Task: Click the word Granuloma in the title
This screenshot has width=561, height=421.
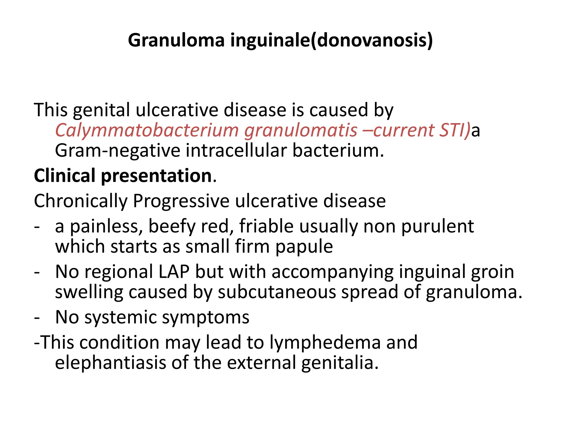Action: (176, 40)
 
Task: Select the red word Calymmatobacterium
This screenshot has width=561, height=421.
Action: (147, 130)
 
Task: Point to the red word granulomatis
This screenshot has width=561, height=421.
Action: (301, 130)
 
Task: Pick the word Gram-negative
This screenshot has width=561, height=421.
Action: (118, 150)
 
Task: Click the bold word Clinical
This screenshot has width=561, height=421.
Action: (65, 176)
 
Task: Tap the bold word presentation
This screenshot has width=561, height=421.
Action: (157, 176)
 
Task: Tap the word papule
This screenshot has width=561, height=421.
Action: (304, 247)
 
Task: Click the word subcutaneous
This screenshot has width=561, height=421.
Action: (277, 292)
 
